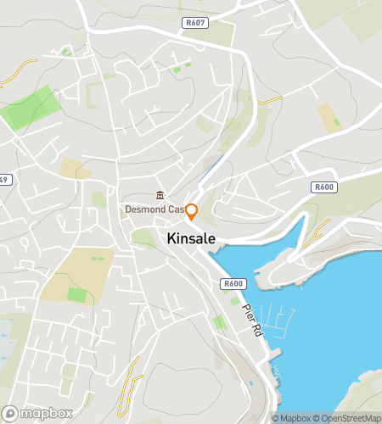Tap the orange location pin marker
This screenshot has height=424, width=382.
pos(191,212)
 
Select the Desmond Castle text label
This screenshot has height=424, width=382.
pos(155,209)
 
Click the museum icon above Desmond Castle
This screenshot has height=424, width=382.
pos(160,195)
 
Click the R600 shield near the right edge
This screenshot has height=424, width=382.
pos(323,187)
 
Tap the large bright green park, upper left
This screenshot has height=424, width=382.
pos(31,108)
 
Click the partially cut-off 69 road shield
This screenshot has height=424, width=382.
pos(3,179)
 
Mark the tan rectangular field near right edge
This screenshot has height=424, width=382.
pos(329,117)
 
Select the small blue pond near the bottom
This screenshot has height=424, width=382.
pos(250,384)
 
